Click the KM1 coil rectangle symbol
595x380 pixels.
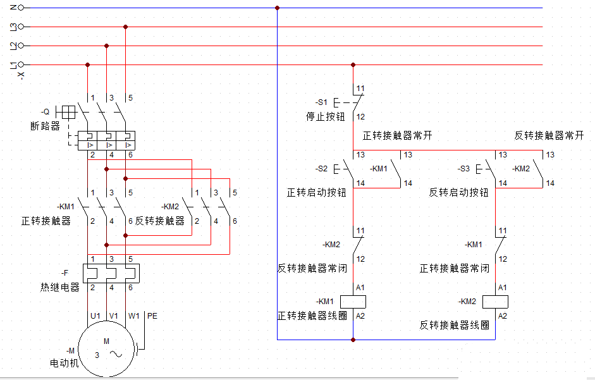[353, 302]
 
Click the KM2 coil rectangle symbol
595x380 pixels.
[496, 302]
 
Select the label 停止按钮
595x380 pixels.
[325, 117]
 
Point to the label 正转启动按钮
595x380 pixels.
[317, 192]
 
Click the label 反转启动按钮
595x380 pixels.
[459, 192]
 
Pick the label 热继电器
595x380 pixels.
[60, 287]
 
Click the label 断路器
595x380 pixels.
[45, 126]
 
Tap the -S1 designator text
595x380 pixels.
[322, 102]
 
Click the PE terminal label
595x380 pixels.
[152, 315]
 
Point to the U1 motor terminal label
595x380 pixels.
[95, 315]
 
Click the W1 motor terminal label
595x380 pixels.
[133, 315]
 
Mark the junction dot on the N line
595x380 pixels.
[278, 8]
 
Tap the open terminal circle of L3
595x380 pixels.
[21, 27]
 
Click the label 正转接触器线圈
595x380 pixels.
[312, 316]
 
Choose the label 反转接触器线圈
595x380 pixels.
[455, 325]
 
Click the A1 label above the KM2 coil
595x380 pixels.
[503, 288]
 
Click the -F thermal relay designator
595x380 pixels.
[64, 273]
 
